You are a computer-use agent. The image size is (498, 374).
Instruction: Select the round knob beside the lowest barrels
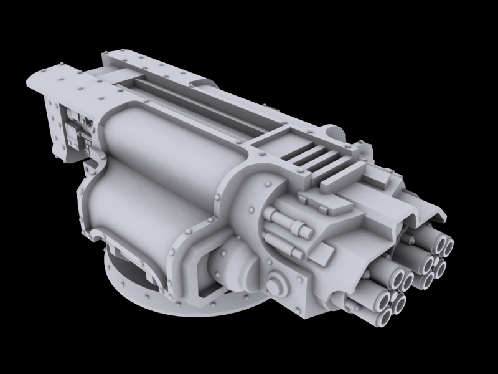pyautogui.click(x=278, y=284)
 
